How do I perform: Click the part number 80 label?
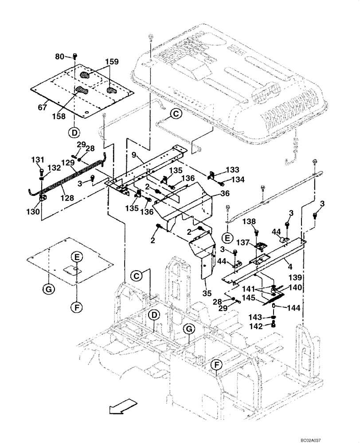(x=59, y=56)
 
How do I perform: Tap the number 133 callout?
(x=232, y=170)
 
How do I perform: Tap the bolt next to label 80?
(x=74, y=56)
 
